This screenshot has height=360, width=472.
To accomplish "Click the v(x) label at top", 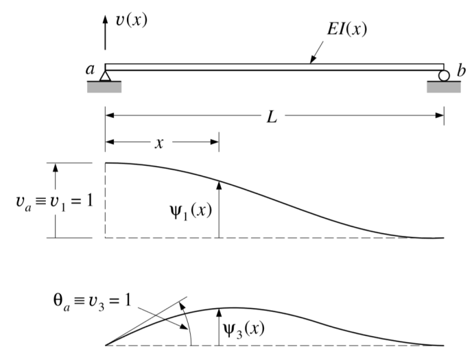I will [x=130, y=21].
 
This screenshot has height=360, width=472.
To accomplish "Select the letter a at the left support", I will [x=89, y=69].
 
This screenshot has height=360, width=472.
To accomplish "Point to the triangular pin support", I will [x=105, y=75].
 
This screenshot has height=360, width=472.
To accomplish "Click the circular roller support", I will [x=444, y=75].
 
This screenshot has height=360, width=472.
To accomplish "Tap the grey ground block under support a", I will [x=104, y=86].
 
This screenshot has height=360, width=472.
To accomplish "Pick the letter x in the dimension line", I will [x=159, y=144].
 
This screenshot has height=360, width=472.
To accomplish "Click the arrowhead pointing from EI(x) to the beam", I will [x=313, y=62].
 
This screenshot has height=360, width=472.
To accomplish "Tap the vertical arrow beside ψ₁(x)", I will [x=218, y=209].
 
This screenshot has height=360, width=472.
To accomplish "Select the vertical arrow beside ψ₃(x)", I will [x=217, y=327].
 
